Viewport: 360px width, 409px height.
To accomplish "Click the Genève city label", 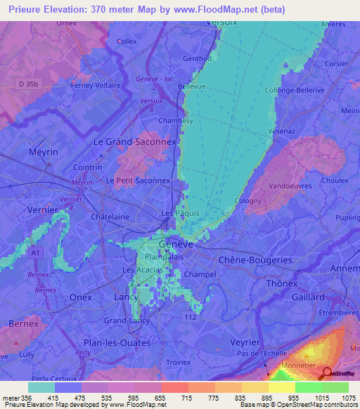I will pyautogui.click(x=176, y=244).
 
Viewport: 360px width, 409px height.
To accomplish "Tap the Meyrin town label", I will pyautogui.click(x=43, y=152).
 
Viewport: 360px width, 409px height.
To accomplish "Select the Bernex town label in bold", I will pyautogui.click(x=24, y=323).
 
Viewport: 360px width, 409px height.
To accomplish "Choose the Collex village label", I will pyautogui.click(x=127, y=41).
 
